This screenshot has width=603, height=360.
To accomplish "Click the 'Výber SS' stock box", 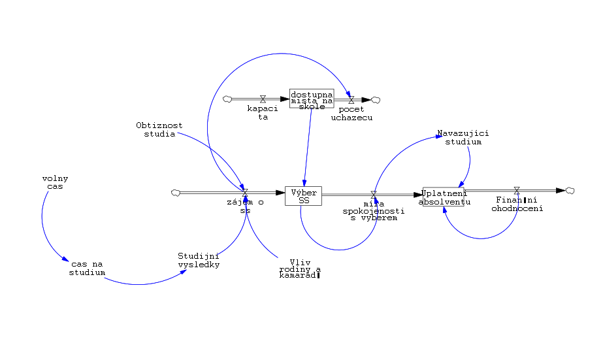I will point(304,196).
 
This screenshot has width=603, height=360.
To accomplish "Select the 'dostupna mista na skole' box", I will point(312,98).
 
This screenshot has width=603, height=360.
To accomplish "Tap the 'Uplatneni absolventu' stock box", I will point(444,197).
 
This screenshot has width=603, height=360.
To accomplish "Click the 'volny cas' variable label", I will point(56,182).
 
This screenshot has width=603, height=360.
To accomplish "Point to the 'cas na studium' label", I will point(87,268).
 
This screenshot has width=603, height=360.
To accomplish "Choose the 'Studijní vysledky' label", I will point(199,260).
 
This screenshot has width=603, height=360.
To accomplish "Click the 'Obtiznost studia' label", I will point(159,129).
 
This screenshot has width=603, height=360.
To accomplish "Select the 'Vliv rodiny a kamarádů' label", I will point(300,269).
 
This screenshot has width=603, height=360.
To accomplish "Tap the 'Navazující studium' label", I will point(463,137).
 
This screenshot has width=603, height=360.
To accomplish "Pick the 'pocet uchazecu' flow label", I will point(351,113).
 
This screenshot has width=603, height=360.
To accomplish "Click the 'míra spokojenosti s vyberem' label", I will point(374,210).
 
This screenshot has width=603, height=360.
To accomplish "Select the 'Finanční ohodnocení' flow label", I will point(517,205).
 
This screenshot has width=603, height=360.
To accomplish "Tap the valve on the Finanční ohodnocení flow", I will point(517,191).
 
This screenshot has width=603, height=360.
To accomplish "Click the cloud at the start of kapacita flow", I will point(227,99).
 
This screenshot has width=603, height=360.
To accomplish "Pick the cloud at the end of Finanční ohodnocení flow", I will point(570,190).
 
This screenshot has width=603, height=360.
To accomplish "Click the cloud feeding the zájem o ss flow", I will point(174,193).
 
